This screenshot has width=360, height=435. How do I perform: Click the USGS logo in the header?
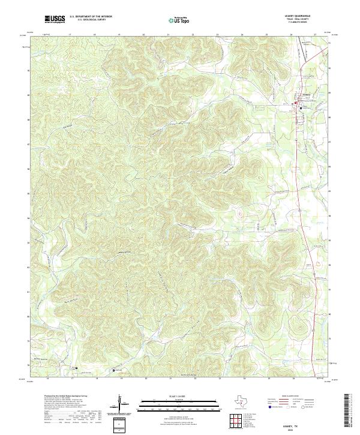point(55,19)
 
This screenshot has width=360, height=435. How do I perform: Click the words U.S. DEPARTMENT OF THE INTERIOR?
point(91,17)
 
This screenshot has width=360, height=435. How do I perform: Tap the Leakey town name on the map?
point(305,94)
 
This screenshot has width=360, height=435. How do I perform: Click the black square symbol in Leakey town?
point(296,103)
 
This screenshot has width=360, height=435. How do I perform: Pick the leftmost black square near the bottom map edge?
point(76,368)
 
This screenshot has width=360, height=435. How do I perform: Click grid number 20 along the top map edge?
point(144,35)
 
